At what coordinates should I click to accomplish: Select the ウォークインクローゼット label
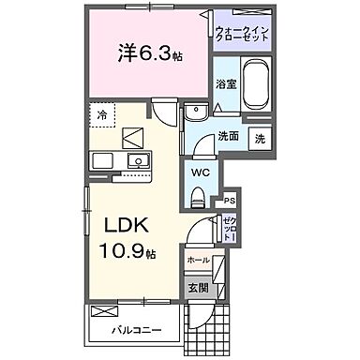[x=242, y=37]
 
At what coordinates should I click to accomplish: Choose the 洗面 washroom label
[x=229, y=136]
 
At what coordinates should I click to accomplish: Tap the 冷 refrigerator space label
[x=102, y=114]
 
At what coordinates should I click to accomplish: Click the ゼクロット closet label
[x=230, y=226]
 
